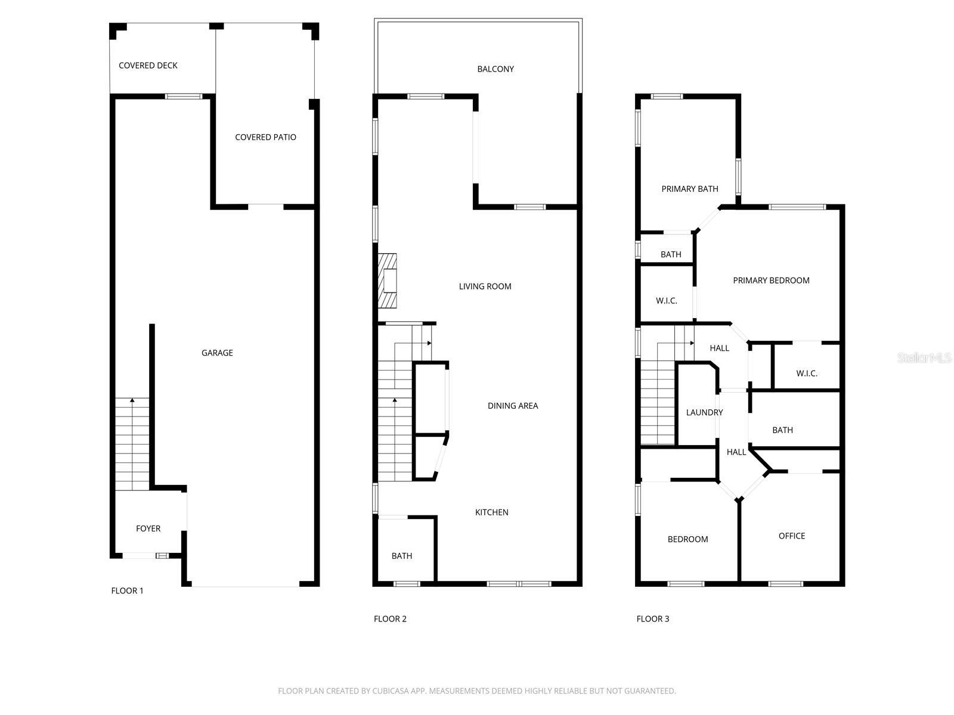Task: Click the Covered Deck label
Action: (x=148, y=66)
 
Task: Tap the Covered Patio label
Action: (x=265, y=137)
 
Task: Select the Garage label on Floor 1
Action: (x=217, y=353)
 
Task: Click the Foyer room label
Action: (x=148, y=529)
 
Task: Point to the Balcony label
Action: (x=495, y=69)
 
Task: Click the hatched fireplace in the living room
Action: (x=387, y=281)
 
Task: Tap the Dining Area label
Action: (x=512, y=406)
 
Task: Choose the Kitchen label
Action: (x=491, y=512)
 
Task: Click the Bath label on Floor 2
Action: (x=401, y=556)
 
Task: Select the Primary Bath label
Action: (x=689, y=189)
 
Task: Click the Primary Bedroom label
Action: (x=770, y=281)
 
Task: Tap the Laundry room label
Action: (x=704, y=412)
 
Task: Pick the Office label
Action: (x=791, y=536)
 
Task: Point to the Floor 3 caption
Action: (x=652, y=618)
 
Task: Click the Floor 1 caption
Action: (x=127, y=590)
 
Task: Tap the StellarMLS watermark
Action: (x=925, y=357)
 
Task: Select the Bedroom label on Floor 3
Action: (x=687, y=539)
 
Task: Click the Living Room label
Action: (x=485, y=287)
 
